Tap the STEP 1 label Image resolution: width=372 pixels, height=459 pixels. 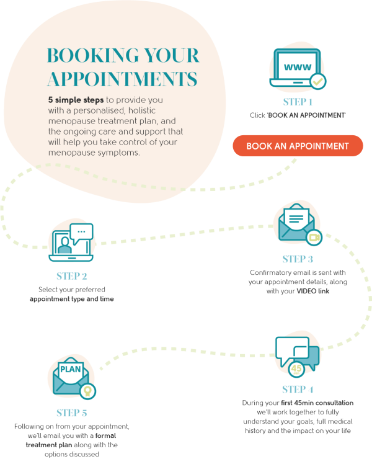pyautogui.click(x=298, y=102)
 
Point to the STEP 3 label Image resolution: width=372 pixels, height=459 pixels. pyautogui.click(x=298, y=259)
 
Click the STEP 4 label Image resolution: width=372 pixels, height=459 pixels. pyautogui.click(x=298, y=390)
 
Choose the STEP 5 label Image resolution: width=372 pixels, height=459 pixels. pyautogui.click(x=72, y=412)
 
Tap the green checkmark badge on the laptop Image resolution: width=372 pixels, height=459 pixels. pyautogui.click(x=317, y=81)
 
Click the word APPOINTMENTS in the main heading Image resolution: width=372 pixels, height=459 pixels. pyautogui.click(x=123, y=79)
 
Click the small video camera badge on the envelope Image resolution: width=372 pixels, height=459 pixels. pyautogui.click(x=314, y=236)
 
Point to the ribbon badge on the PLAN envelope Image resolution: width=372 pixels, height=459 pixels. pyautogui.click(x=89, y=391)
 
